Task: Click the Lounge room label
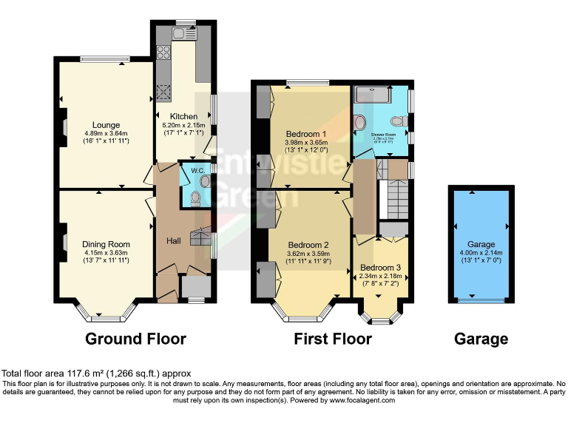[x=106, y=125]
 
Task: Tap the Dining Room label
[x=106, y=244]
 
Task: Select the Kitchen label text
[x=184, y=117]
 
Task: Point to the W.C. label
[x=197, y=171]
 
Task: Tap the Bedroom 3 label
[x=381, y=268]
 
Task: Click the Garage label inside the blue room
[x=481, y=244]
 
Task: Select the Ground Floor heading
[x=135, y=339]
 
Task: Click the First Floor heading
[x=333, y=339]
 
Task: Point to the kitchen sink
[x=183, y=32]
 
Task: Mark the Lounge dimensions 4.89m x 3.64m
[x=106, y=133]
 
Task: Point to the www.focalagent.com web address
[x=362, y=400]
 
